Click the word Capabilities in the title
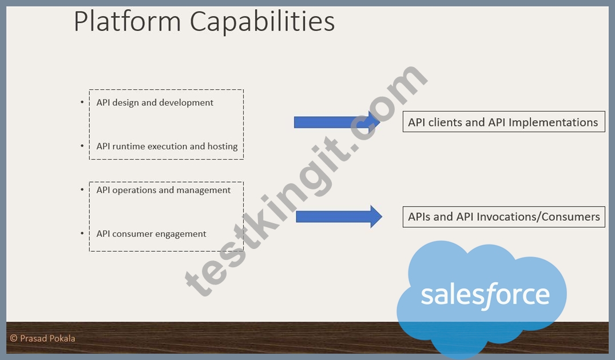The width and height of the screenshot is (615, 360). [x=263, y=22]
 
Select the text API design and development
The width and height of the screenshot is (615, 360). [x=155, y=103]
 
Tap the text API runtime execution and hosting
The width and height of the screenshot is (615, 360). [x=167, y=147]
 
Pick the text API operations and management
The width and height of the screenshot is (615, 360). [x=164, y=190]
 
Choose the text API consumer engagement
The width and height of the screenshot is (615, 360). [x=152, y=234]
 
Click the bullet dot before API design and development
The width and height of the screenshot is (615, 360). [x=82, y=102]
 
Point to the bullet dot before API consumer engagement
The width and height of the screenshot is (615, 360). [x=82, y=234]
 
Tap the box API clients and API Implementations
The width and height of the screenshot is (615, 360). [x=503, y=122]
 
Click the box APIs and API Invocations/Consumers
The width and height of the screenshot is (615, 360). [x=503, y=217]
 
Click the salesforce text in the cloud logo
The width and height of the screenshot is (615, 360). [x=485, y=295]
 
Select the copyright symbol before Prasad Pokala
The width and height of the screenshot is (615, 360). [x=14, y=338]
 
